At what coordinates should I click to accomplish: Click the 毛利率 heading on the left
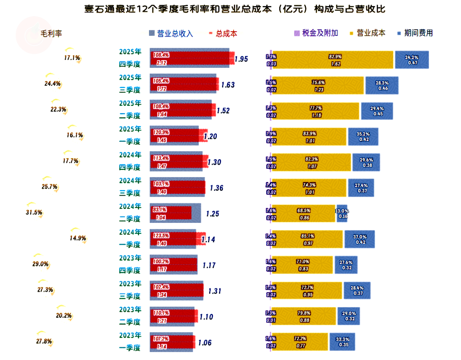tap(51, 33)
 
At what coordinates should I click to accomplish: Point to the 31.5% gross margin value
tap(34, 212)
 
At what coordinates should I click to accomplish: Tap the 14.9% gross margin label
tap(78, 238)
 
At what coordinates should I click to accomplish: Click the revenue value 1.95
tap(241, 59)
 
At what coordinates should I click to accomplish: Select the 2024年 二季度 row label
tap(130, 213)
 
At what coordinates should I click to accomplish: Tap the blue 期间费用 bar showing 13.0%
tap(342, 214)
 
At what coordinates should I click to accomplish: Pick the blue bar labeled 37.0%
tap(359, 239)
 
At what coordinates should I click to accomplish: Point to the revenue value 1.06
tap(205, 342)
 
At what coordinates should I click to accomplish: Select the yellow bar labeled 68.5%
tap(304, 214)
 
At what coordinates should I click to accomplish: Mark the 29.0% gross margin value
tap(40, 264)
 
